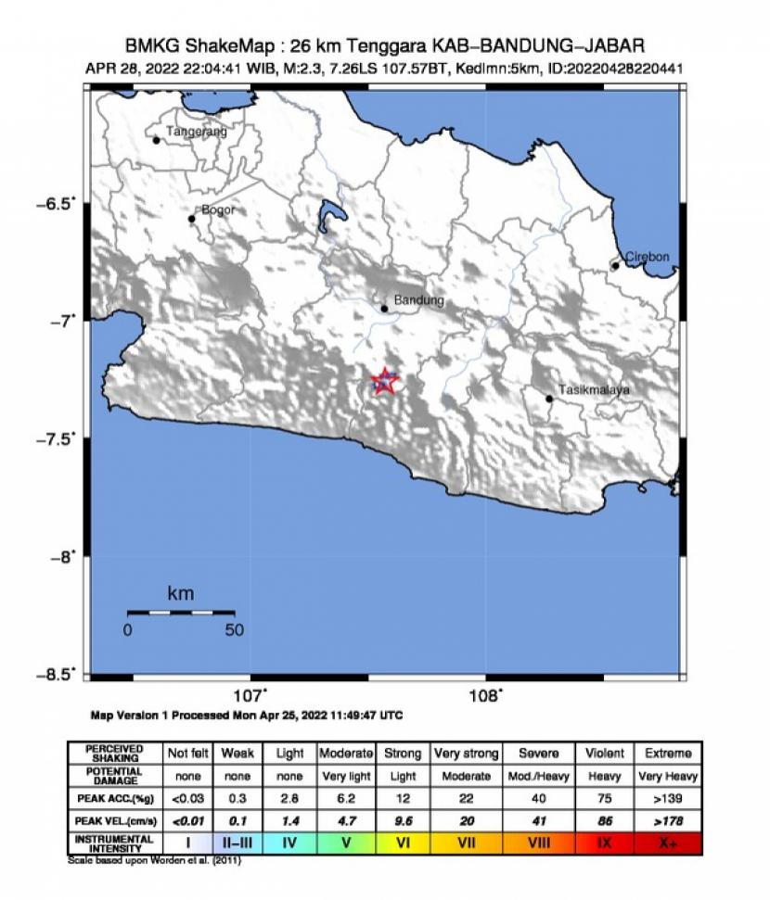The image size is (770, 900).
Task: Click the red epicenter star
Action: [384, 380]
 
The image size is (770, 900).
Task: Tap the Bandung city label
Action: [418, 301]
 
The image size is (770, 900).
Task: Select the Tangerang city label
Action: [196, 132]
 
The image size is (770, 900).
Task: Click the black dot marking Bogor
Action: [192, 219]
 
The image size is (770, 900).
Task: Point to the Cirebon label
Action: [647, 257]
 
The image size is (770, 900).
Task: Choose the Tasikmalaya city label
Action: [594, 390]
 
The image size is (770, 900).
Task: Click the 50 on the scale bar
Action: [234, 630]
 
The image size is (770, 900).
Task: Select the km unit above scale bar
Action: [180, 593]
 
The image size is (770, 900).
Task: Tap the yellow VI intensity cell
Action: [402, 843]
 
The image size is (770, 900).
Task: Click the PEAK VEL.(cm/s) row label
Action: [113, 820]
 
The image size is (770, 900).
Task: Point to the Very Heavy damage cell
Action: [667, 776]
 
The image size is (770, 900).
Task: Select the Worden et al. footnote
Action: [154, 860]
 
